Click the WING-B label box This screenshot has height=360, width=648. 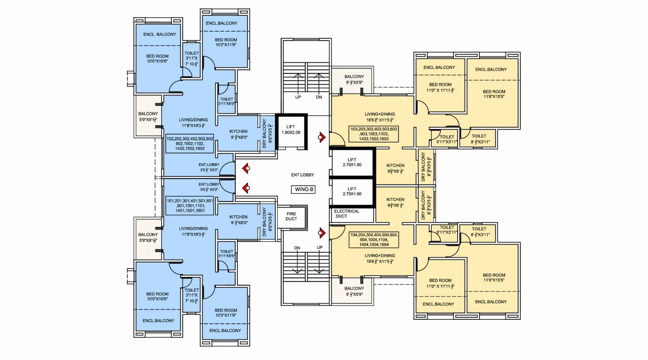304,189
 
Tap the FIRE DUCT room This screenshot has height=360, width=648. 291,216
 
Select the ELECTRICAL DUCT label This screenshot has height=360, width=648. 346,214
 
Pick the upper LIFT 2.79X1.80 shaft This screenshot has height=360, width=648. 352,162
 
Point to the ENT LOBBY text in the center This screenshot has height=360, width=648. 302,175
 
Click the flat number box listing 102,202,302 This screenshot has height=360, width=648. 190,144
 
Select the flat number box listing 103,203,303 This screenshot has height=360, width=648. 374,134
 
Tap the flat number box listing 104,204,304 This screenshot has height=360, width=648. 374,240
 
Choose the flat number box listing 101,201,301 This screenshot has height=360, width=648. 190,206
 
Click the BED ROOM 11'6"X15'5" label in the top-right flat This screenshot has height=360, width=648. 494,94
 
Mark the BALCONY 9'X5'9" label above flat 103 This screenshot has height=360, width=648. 354,79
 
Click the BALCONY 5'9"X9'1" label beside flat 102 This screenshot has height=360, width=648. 148,117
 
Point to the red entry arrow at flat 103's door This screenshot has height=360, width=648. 322,138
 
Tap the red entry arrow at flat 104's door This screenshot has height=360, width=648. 322,233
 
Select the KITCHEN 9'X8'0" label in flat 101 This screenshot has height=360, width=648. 239,219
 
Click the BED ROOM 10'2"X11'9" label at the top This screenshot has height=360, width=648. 226,42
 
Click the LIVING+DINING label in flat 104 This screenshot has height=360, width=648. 379,258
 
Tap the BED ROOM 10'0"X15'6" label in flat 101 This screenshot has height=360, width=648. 157,296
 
